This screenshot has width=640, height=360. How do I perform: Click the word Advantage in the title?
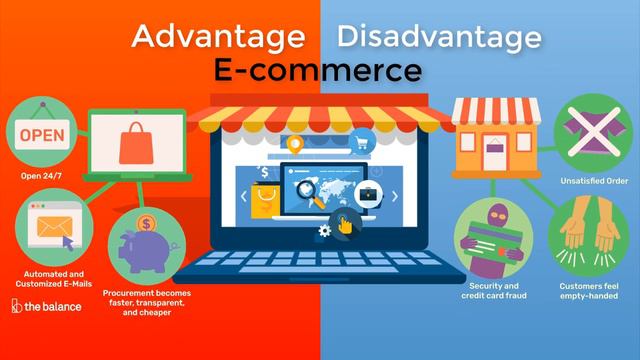click(218, 37)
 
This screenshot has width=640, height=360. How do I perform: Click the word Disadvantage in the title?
click(439, 37)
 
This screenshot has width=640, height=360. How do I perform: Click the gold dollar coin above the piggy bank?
click(147, 223)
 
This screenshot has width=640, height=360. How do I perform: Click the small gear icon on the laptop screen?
click(323, 231)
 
